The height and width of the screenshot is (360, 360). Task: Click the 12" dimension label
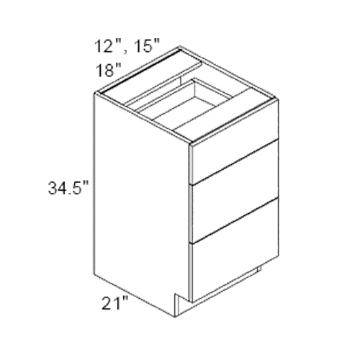click(105, 46)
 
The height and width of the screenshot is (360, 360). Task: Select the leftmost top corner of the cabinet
click(94, 93)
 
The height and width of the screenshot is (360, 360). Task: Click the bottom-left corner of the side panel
click(95, 274)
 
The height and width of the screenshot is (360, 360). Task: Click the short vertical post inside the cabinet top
click(197, 87)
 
